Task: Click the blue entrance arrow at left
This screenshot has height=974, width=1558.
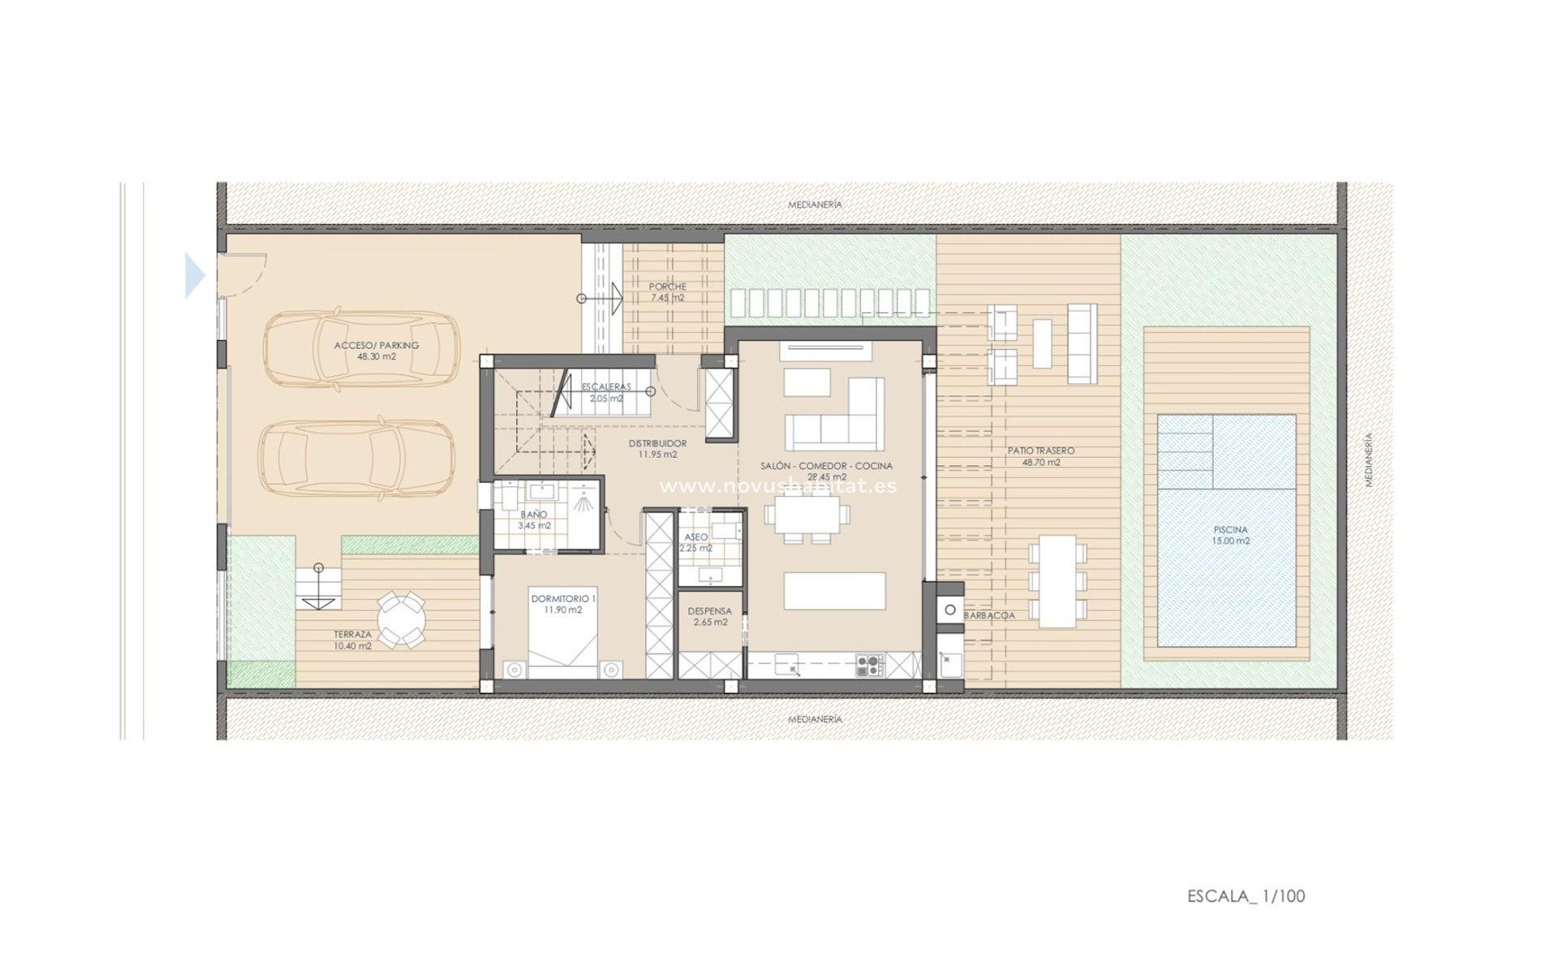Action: click(194, 276)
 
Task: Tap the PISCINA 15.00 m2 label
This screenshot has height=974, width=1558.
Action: click(1230, 536)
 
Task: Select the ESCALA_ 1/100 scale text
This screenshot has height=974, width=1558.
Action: click(1246, 896)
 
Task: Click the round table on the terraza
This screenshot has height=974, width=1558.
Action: click(402, 619)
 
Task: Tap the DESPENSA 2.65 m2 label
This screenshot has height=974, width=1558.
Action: click(710, 617)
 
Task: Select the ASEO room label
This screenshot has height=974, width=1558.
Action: click(695, 537)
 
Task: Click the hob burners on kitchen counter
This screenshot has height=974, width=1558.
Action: click(869, 666)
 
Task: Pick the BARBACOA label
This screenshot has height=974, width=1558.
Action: click(989, 615)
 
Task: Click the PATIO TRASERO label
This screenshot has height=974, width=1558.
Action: click(1041, 456)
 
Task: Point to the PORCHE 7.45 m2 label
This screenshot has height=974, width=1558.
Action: click(668, 292)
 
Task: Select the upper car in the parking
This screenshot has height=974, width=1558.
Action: click(361, 349)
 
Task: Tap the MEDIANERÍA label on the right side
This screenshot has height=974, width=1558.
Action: click(1368, 459)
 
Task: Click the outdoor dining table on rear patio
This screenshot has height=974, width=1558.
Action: click(1057, 580)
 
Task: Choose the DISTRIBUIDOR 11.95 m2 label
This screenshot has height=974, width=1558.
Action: click(657, 449)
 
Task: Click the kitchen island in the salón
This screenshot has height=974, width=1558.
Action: click(834, 590)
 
